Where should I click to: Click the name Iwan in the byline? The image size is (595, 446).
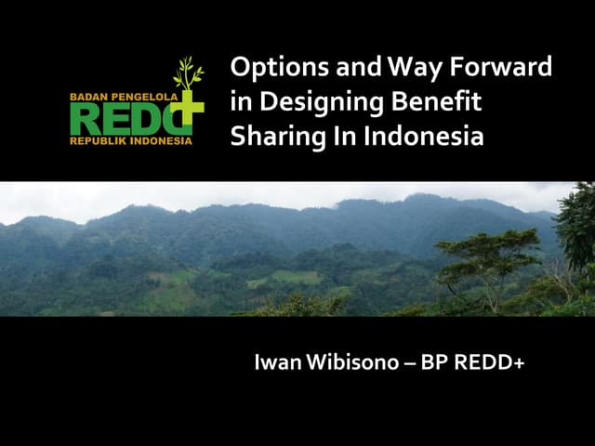point(277,363)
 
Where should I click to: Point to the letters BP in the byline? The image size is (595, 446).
point(435,363)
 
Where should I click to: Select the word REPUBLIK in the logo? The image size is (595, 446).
point(98,141)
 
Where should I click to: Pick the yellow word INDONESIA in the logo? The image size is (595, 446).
point(160,141)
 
